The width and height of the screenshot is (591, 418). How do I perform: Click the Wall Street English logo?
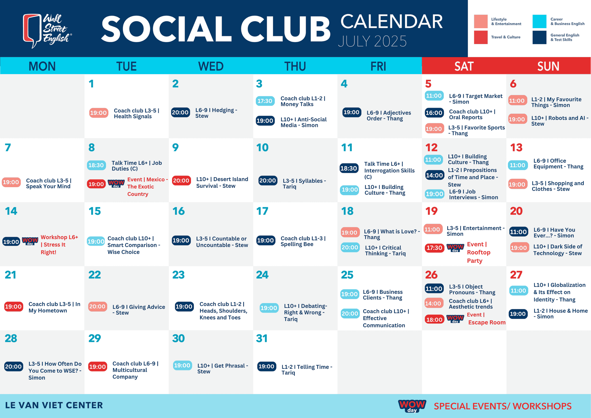(47, 31)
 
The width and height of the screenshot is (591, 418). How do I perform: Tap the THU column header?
(295, 66)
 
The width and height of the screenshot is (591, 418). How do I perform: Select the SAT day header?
(464, 66)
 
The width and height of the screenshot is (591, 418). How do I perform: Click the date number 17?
(262, 211)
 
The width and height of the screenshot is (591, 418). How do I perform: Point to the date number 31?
(262, 338)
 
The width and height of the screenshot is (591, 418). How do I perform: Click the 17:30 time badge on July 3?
(265, 101)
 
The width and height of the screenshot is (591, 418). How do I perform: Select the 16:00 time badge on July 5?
(434, 113)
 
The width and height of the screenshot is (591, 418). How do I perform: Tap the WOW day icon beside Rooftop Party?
(455, 248)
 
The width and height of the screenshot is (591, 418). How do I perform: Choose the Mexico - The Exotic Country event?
(148, 187)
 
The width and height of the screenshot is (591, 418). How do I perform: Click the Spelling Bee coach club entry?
(303, 241)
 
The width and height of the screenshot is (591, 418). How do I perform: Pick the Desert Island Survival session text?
(222, 183)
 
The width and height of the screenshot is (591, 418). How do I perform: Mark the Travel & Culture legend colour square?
(481, 37)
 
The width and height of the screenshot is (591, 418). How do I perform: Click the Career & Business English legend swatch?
(539, 21)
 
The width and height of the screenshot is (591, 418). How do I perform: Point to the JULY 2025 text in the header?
(372, 41)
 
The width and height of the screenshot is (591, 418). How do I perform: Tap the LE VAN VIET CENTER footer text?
(54, 405)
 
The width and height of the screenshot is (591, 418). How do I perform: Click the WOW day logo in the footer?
(412, 406)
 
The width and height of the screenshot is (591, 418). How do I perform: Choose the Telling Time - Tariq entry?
(307, 369)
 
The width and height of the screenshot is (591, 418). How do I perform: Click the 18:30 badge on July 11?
(349, 168)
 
